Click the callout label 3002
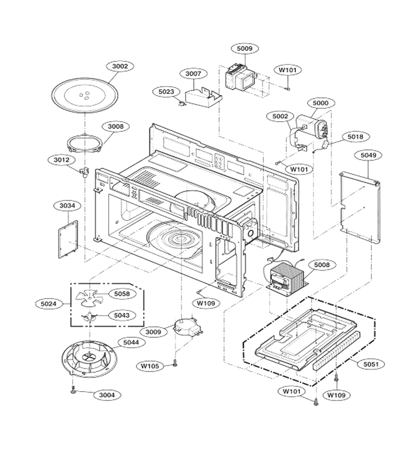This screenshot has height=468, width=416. pyautogui.click(x=120, y=66)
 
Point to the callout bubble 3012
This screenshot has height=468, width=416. pyautogui.click(x=61, y=160)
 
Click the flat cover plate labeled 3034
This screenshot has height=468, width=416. pyautogui.click(x=68, y=239)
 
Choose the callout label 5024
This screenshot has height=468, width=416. pyautogui.click(x=48, y=304)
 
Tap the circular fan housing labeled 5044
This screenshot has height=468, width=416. pyautogui.click(x=89, y=358)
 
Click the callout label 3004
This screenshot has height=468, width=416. pyautogui.click(x=107, y=395)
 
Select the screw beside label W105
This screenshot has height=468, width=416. pyautogui.click(x=175, y=362)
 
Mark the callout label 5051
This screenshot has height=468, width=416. pyautogui.click(x=371, y=364)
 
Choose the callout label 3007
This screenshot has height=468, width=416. pyautogui.click(x=193, y=74)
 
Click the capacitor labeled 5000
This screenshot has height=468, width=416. pyautogui.click(x=311, y=128)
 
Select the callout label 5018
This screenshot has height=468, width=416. pyautogui.click(x=356, y=137)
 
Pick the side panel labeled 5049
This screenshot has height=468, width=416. pyautogui.click(x=360, y=207)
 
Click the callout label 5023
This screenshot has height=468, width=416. pyautogui.click(x=166, y=92)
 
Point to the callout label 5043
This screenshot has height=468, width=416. pyautogui.click(x=122, y=315)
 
